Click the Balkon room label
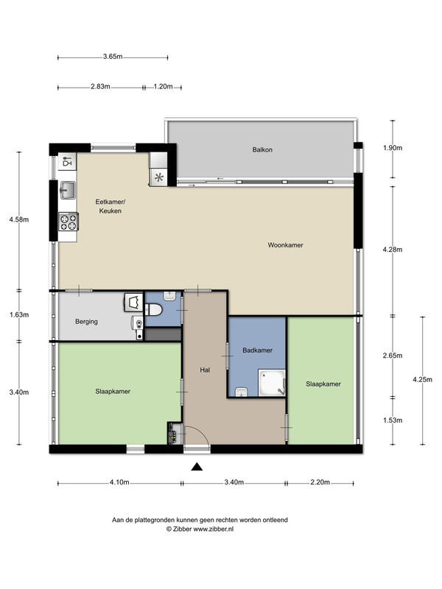point(262,150)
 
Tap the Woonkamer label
point(285,245)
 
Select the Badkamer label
point(257,350)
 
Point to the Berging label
point(86,322)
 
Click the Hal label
point(205,370)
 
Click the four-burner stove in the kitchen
point(69,222)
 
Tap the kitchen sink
point(68,190)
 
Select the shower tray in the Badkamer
point(272,383)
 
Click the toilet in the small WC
point(155,310)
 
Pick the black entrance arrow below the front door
point(197,467)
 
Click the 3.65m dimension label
point(113,57)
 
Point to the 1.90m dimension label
point(393,148)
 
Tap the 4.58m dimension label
point(19,219)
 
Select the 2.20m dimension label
point(320,482)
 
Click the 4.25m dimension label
point(422,379)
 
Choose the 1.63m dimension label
point(19,315)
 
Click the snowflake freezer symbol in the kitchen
point(159,177)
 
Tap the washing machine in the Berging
point(133,303)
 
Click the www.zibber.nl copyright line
point(200,529)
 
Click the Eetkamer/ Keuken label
point(110,206)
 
